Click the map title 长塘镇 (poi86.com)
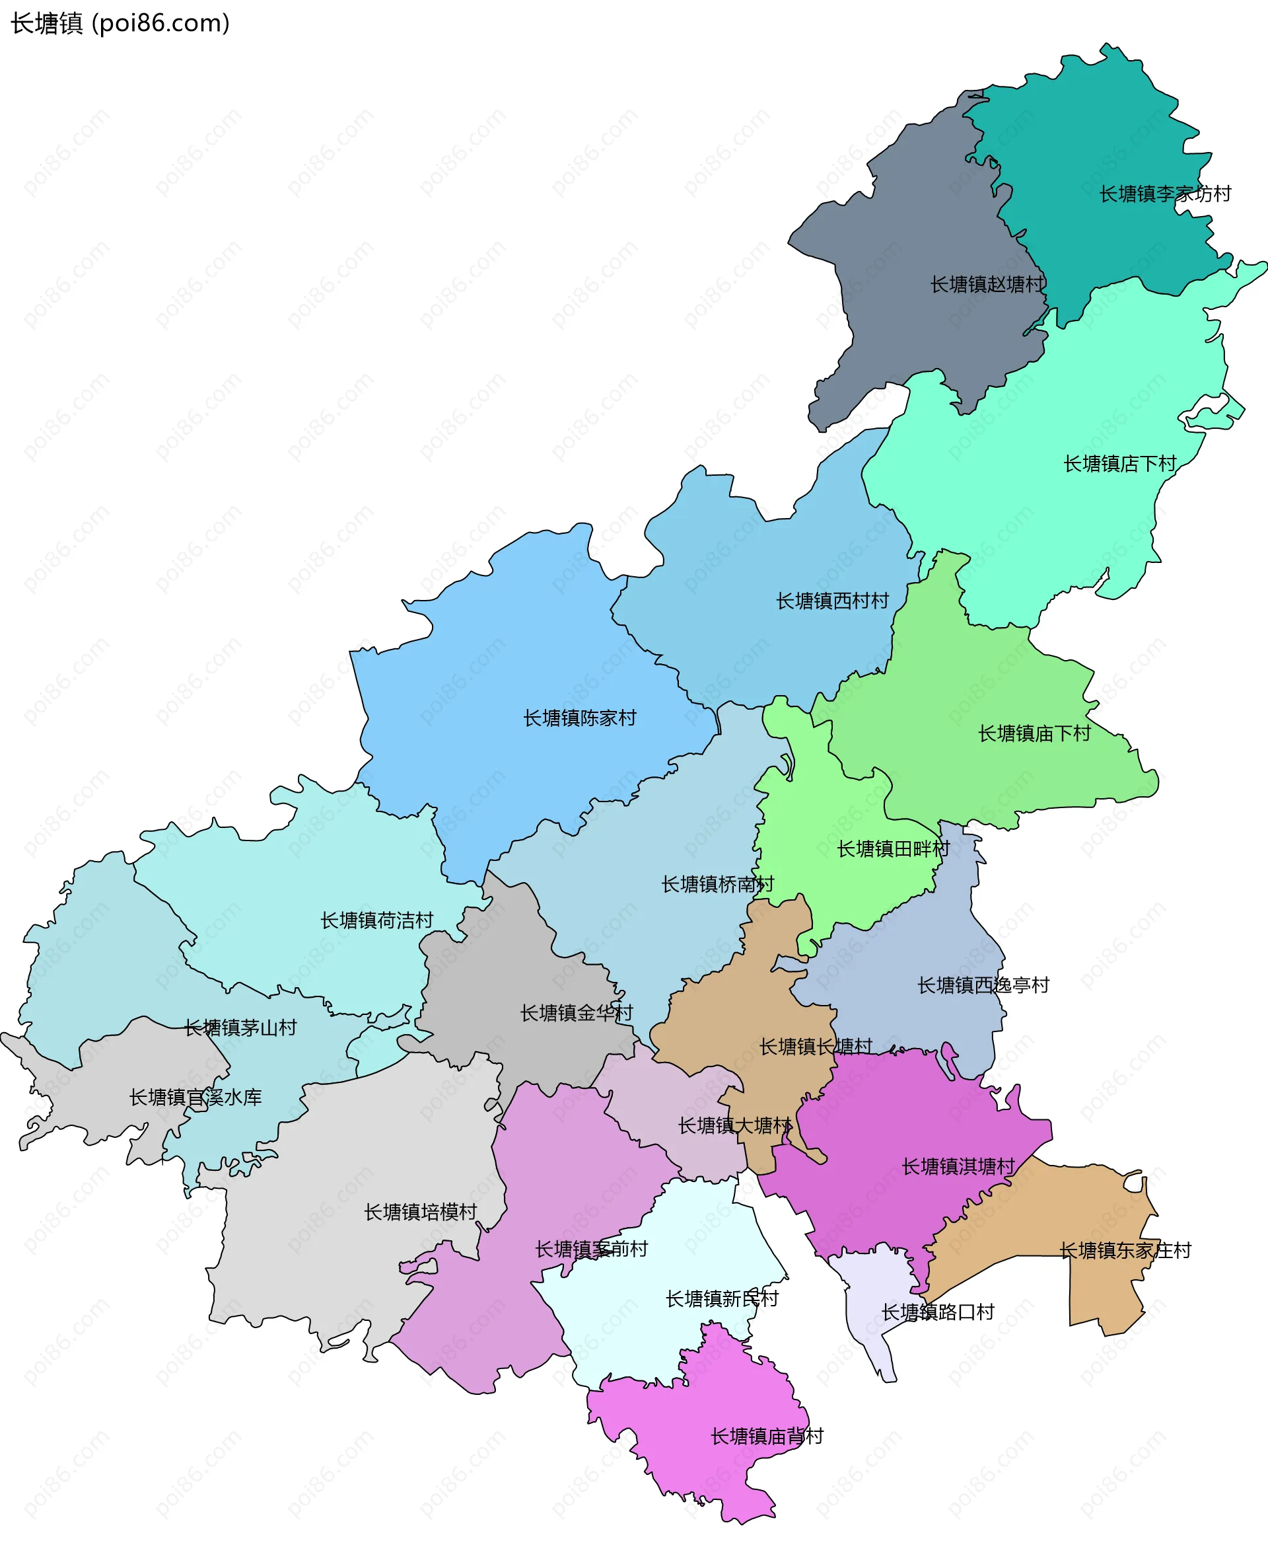120,23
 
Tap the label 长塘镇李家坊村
1165,194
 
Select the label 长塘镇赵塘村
987,284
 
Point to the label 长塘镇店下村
1119,463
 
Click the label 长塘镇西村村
832,601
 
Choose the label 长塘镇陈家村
579,718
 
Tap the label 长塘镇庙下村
1034,733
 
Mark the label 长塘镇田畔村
894,848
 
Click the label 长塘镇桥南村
717,884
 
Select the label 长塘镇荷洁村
377,920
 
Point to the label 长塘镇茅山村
240,1027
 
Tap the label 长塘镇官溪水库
195,1097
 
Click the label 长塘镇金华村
577,1013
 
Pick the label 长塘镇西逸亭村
983,985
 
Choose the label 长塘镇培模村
420,1211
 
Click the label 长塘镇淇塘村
958,1166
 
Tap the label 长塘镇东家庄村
1125,1250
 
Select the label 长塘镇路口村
938,1312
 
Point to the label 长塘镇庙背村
767,1436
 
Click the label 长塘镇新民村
722,1298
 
